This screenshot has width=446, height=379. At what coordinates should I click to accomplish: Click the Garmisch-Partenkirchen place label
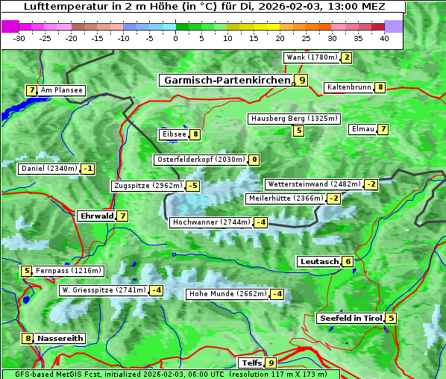tap(227, 80)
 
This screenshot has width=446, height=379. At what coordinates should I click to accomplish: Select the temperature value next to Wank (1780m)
tap(346, 57)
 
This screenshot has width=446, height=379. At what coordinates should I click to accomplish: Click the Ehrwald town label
tap(95, 216)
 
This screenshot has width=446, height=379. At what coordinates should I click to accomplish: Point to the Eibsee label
tap(173, 134)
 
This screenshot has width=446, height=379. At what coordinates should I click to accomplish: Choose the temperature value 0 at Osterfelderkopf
tap(254, 160)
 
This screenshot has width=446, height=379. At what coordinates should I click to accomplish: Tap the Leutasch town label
tap(319, 261)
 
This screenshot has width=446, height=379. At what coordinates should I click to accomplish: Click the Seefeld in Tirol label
tap(350, 318)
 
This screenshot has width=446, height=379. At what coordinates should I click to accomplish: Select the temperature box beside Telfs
tap(271, 363)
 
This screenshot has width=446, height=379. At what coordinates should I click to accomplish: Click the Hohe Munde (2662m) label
tap(227, 294)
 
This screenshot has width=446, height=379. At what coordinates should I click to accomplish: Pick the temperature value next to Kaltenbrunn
tap(380, 87)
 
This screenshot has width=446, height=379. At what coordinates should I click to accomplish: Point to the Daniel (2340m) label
tap(48, 169)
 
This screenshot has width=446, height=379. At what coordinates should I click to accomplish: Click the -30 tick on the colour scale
tap(19, 38)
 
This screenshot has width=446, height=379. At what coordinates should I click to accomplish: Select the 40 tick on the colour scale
tap(384, 38)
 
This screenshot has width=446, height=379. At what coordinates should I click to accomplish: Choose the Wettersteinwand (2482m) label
tap(313, 184)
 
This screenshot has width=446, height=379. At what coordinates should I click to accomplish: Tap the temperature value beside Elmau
tap(383, 129)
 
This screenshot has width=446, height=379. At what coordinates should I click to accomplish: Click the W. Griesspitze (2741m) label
tap(103, 289)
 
